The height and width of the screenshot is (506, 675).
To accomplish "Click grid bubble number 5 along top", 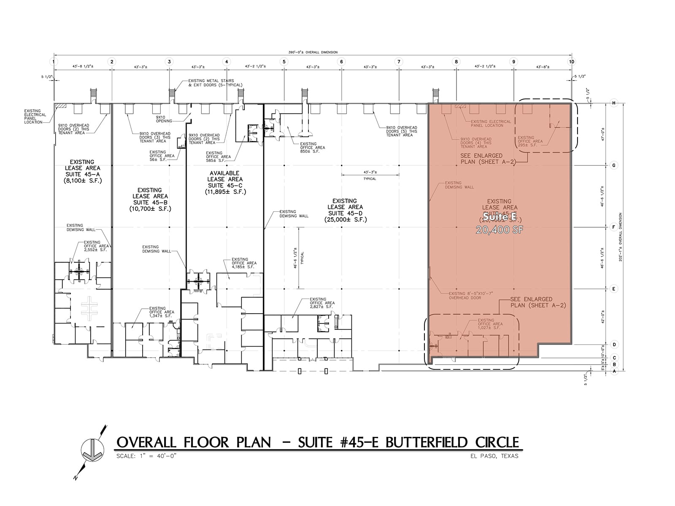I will pos(284,62).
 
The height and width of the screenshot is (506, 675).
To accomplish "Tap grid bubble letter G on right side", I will pos(614,165).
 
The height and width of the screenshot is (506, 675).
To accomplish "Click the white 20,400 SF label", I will pos(499,230).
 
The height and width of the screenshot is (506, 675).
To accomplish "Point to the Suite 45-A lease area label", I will pos(83,171).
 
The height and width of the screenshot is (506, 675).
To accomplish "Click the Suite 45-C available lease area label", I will pos(224,182).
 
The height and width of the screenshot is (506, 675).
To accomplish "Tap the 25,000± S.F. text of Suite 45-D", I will pos(345,220).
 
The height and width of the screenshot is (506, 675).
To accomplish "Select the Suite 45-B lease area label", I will pos(150,199).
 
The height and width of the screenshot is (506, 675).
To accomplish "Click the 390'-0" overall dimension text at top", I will pos(313,52).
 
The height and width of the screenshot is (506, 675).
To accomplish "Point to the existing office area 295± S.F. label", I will pos(527,141).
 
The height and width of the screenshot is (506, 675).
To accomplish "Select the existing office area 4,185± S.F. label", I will pos(243,263).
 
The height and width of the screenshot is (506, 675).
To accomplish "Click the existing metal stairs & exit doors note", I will pos(215,83).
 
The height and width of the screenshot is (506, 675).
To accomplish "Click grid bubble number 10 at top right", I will pos(572,62).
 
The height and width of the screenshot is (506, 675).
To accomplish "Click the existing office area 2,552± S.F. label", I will pos(96,246).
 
